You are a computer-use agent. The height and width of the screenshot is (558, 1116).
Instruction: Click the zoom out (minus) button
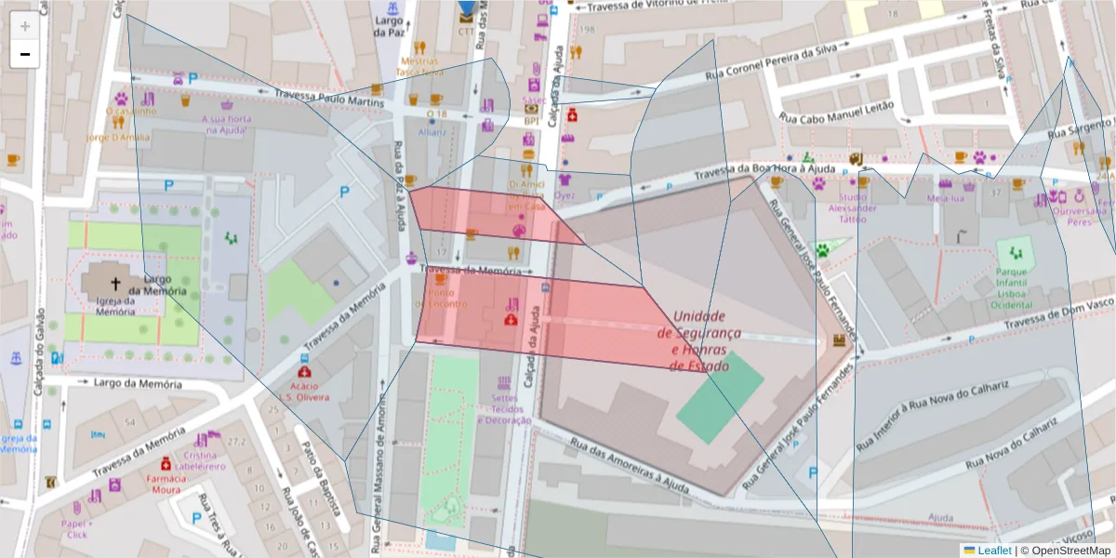click(x=25, y=54)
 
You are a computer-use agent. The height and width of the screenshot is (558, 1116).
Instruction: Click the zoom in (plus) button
click(x=25, y=26)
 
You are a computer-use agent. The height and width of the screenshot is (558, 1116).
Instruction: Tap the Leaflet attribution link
click(x=987, y=550)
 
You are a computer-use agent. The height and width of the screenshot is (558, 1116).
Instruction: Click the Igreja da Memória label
click(x=115, y=306)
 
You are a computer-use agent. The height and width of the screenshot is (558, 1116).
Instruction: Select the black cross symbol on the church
click(x=116, y=284)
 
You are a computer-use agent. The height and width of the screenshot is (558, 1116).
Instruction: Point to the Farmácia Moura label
click(x=166, y=484)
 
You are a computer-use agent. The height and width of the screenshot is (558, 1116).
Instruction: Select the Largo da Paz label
click(x=390, y=26)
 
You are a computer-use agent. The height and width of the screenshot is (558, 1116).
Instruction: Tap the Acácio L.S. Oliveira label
click(x=304, y=391)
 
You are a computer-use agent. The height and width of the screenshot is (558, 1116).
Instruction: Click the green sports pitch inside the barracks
click(x=719, y=395)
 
